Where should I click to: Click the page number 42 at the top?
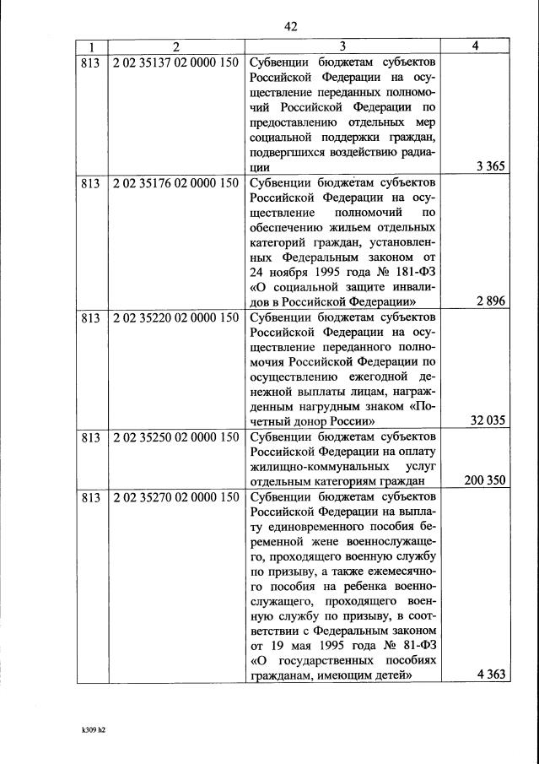tap(291, 26)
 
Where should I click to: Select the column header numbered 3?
tap(342, 46)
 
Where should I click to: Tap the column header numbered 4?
tap(476, 46)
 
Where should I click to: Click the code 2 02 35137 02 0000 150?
tap(175, 62)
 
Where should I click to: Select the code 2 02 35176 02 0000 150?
tap(175, 183)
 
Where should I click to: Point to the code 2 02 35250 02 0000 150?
tap(175, 437)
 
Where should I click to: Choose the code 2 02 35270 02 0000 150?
tap(175, 497)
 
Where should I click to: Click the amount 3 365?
tap(489, 166)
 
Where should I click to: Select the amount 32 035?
tap(487, 420)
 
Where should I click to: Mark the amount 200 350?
tap(484, 480)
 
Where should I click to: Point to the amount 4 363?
tap(489, 675)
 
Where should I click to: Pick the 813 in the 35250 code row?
tap(90, 437)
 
